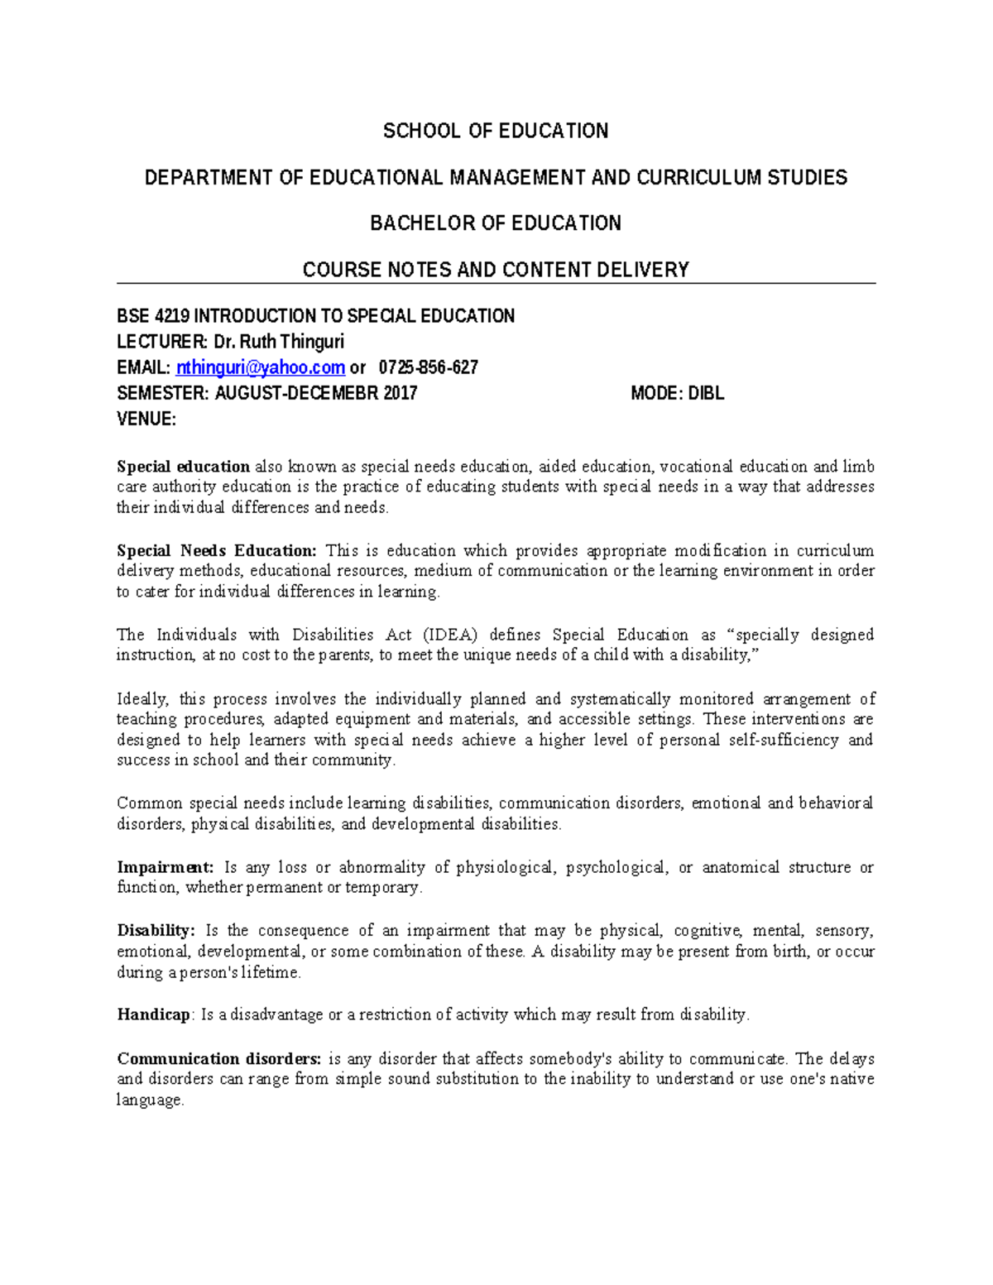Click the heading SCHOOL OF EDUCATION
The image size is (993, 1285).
(x=496, y=131)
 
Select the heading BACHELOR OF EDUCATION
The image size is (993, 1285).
(x=496, y=223)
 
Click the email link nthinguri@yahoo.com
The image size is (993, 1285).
(x=261, y=367)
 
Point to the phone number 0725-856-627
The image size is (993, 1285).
(x=428, y=367)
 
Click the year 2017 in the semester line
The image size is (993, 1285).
(x=401, y=393)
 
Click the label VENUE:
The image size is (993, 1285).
(x=146, y=419)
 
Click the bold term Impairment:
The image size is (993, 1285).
(x=165, y=867)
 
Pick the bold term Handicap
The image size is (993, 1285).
(x=154, y=1014)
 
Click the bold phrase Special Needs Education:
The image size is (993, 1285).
(x=217, y=550)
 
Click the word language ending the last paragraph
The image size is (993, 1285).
(x=149, y=1100)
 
